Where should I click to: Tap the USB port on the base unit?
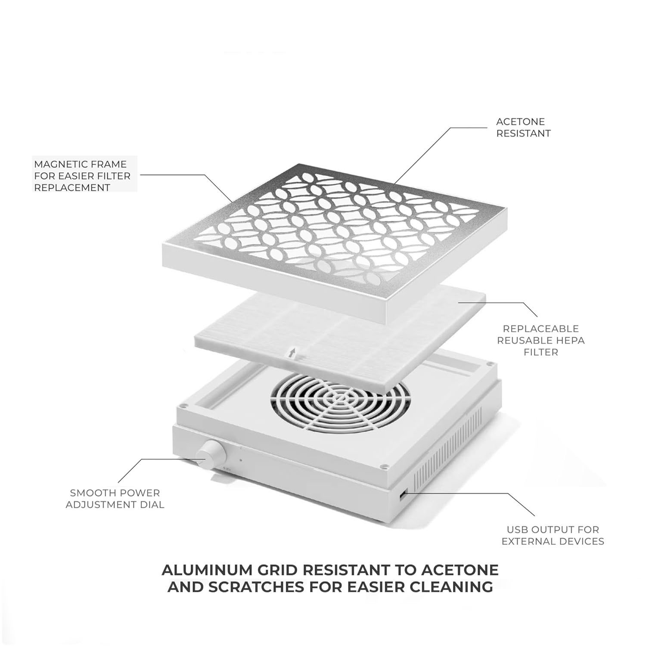click(x=402, y=496)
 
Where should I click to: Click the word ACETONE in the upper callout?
click(x=520, y=122)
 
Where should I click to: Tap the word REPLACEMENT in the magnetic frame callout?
click(x=72, y=187)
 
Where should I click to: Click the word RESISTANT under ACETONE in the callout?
click(x=524, y=134)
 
